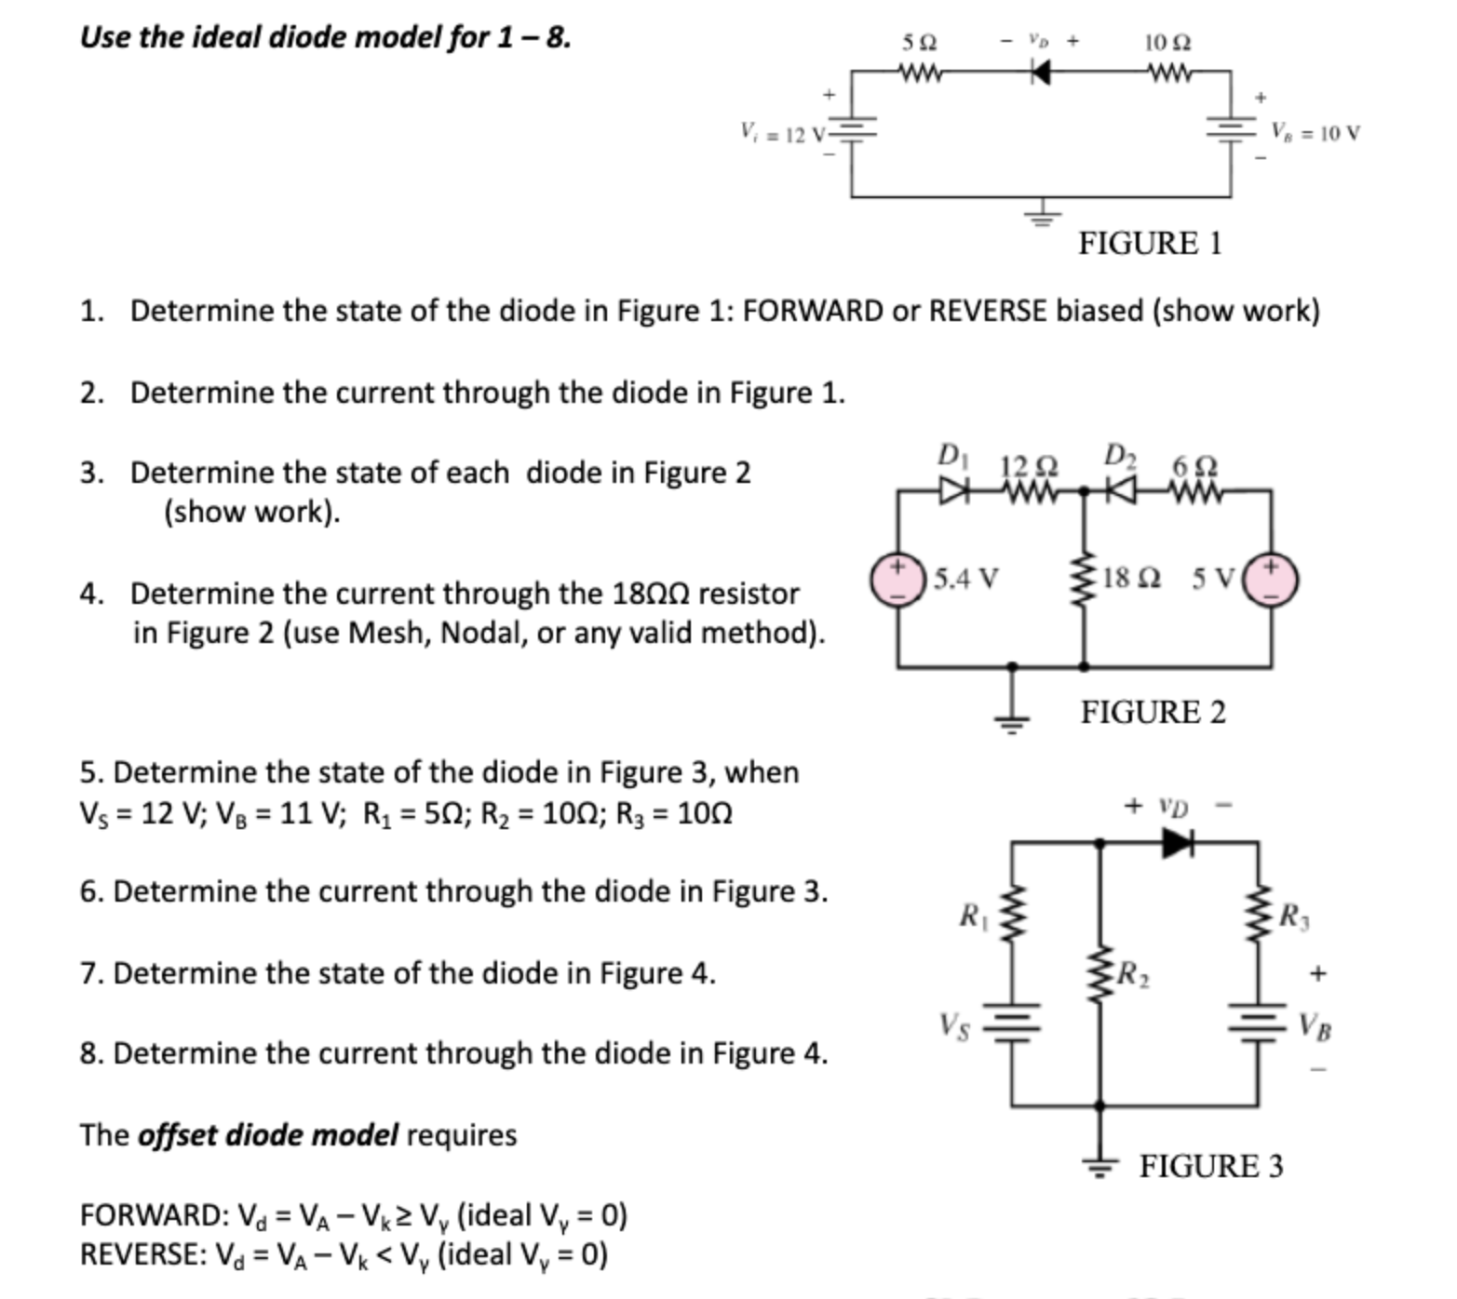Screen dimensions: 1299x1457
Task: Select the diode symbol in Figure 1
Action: [x=1041, y=72]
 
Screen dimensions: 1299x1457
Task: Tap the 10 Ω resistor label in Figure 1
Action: [x=1167, y=42]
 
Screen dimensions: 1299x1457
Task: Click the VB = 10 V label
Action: [x=1315, y=132]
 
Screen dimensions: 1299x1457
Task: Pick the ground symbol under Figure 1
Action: [x=1043, y=217]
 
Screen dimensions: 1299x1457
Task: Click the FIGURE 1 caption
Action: [x=1150, y=243]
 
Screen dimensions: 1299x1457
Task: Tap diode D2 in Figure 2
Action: [x=1122, y=489]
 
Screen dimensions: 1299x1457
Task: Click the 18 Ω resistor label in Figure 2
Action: [x=1130, y=578]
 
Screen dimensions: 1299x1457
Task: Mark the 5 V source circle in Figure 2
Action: [x=1272, y=579]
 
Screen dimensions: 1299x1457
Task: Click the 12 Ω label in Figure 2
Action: [x=1029, y=464]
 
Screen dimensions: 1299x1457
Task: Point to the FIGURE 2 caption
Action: [x=1153, y=712]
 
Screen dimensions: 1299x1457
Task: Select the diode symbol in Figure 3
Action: [x=1178, y=843]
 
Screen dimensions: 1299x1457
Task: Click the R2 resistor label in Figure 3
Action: [x=1132, y=975]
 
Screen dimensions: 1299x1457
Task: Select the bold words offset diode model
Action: [x=267, y=1135]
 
